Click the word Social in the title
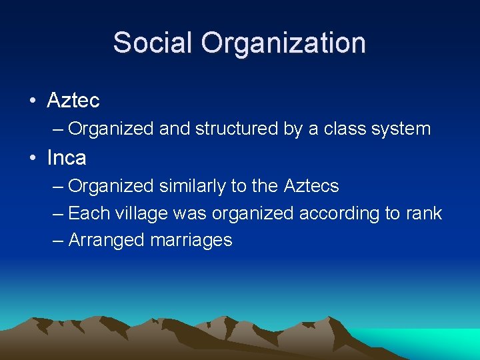pos(155,43)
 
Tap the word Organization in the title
pos(285,43)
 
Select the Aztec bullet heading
pos(73,101)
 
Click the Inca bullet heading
pos(67,158)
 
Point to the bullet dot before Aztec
pos(33,101)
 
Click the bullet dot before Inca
pos(33,159)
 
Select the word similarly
pos(193,186)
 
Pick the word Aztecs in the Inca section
pos(311,186)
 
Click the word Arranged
pos(107,241)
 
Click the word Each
pos(84,213)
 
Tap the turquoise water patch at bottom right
pos(433,343)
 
